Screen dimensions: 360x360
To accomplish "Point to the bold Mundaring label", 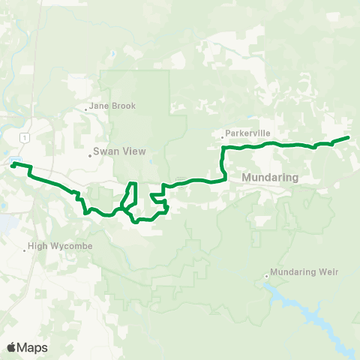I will [270, 178].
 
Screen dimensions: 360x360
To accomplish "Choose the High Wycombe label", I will [59, 245].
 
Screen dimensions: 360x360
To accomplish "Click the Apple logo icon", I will [12, 346].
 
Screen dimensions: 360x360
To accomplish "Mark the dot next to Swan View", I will [90, 156].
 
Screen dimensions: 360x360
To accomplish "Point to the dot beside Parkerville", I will [223, 137].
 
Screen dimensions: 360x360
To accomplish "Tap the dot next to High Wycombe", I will [25, 250].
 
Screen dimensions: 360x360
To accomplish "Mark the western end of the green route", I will [12, 163].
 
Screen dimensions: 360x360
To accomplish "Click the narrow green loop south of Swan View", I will [130, 195].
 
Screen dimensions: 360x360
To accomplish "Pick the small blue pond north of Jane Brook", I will [111, 54].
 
